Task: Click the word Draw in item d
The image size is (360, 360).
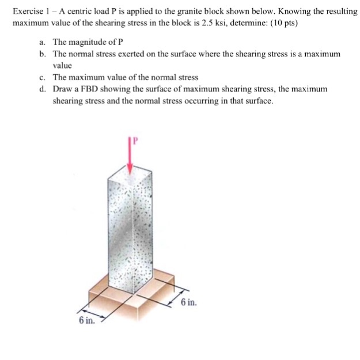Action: click(x=63, y=89)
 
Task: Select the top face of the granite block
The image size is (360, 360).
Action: click(x=134, y=176)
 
